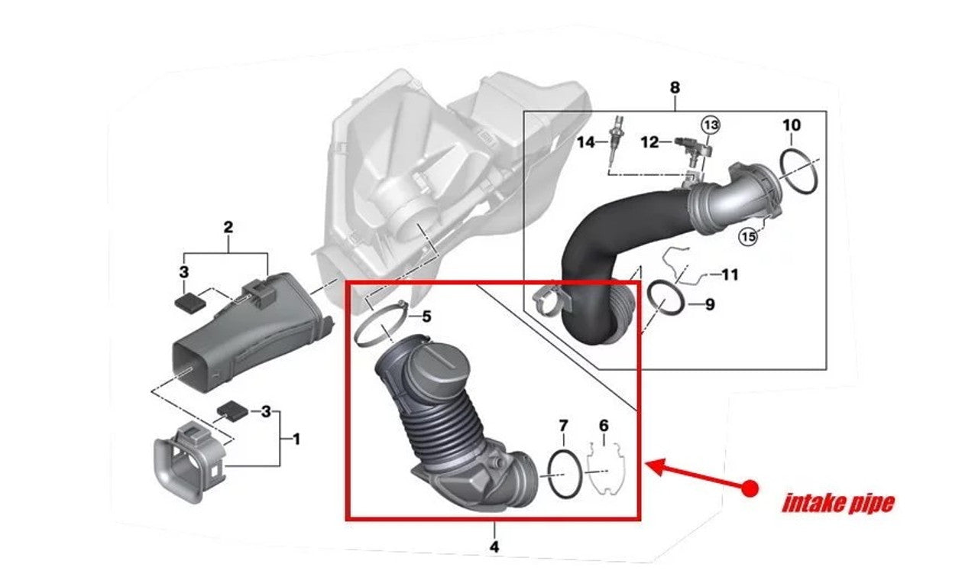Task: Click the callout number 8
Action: tap(674, 88)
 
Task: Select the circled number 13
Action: tap(711, 124)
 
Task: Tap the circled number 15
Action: tap(748, 237)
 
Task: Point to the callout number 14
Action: tap(586, 142)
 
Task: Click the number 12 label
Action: tap(649, 142)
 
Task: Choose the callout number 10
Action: tap(792, 125)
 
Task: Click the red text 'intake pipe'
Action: tap(837, 504)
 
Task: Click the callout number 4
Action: tap(494, 546)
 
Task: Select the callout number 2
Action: tap(228, 227)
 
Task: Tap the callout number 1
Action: tap(296, 439)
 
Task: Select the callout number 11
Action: tap(730, 274)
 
